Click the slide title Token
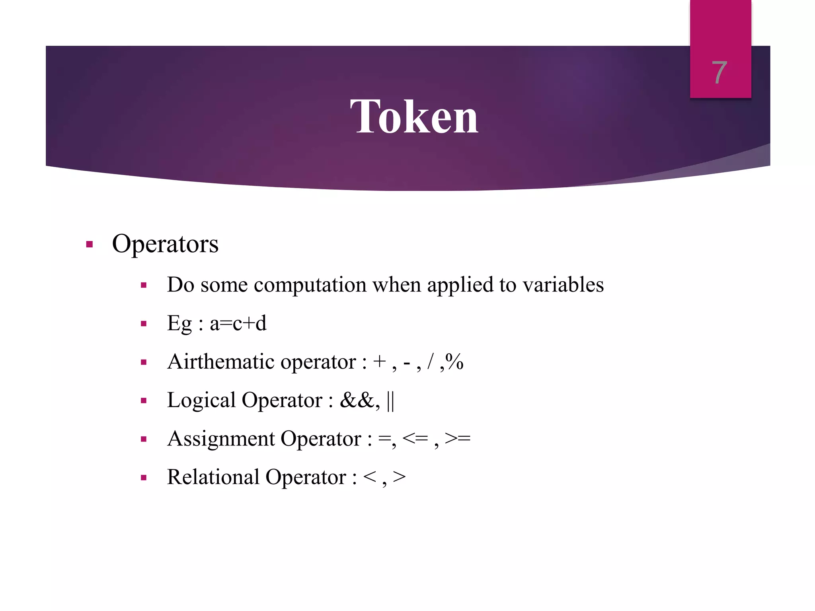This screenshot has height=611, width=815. pos(414,117)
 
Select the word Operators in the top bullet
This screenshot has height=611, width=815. pos(165,244)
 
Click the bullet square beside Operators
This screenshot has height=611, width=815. pos(89,244)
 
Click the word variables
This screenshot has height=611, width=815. pos(563,285)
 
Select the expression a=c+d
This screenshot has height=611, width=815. pos(238,323)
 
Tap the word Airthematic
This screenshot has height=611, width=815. pos(221,362)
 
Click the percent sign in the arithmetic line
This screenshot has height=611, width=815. pos(454,361)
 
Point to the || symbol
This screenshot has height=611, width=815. pos(390,401)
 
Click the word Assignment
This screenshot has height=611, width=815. pos(221,439)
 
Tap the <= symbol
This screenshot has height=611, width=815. pos(415,438)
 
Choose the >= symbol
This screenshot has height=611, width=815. pos(458,438)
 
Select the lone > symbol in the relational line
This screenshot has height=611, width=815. pos(399,477)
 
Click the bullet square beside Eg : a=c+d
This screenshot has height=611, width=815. pos(144,324)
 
